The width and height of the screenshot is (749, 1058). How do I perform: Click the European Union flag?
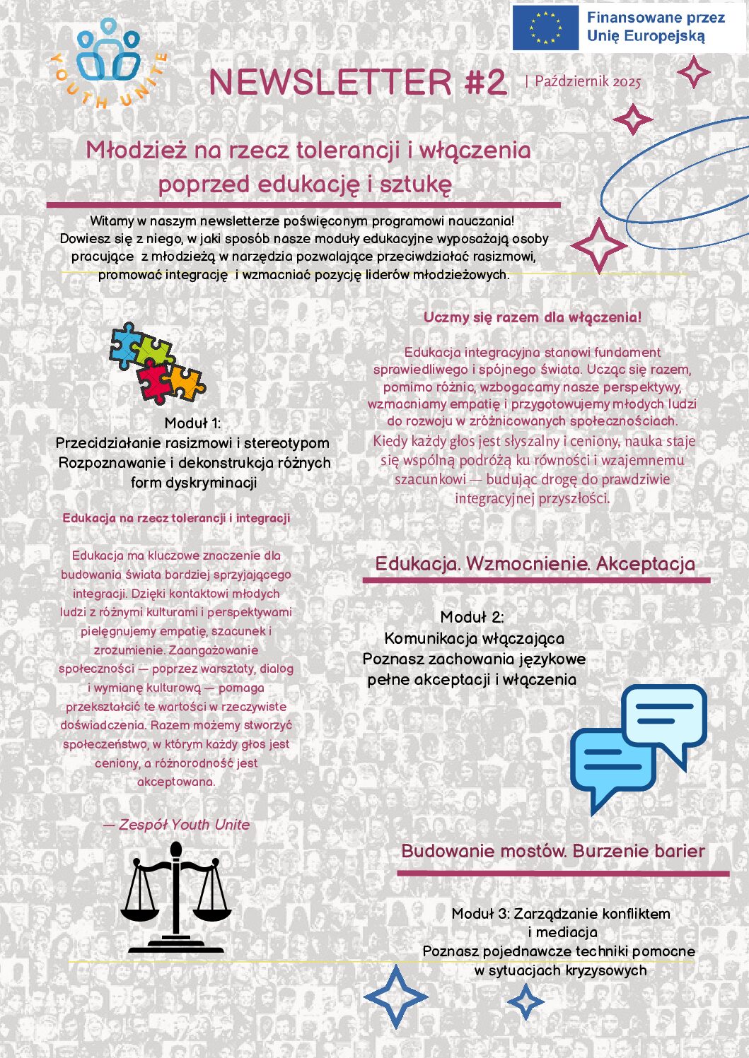tap(545, 28)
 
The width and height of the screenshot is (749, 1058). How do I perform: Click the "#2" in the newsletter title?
tap(486, 82)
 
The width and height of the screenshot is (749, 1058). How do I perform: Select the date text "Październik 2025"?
tap(587, 81)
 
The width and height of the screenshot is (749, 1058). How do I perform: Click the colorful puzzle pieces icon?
tap(156, 363)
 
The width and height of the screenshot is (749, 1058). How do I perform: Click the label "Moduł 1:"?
tap(192, 423)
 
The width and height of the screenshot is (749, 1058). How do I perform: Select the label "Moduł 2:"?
tap(472, 617)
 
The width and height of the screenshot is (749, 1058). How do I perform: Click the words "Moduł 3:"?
tap(480, 914)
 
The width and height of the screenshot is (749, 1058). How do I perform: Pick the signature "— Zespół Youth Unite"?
tap(176, 825)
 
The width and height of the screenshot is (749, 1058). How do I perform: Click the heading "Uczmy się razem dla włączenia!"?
tap(533, 317)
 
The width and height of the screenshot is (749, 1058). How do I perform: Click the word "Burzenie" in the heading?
tap(603, 851)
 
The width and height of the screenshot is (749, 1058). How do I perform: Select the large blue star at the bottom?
tap(395, 997)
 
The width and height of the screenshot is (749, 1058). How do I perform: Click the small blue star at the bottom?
tap(526, 1001)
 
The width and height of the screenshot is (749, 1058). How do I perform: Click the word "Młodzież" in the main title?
tap(137, 150)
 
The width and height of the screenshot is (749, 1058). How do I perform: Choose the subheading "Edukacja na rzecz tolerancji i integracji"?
tap(176, 518)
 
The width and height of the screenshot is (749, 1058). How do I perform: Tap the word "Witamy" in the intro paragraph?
tap(112, 221)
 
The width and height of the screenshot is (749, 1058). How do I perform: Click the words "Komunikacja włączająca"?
tap(474, 639)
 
